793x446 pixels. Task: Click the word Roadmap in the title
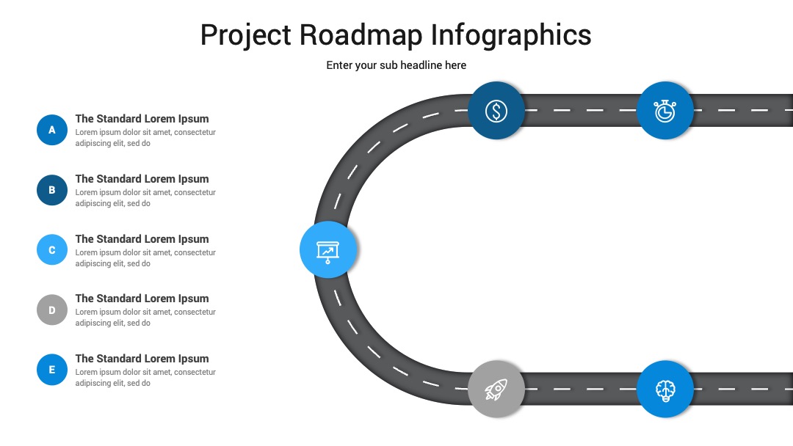(361, 35)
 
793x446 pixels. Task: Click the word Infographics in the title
(511, 36)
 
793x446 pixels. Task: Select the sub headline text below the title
(396, 65)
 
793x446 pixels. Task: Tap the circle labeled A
(52, 130)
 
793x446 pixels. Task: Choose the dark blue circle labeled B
(52, 190)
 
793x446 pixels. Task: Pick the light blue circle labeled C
(52, 249)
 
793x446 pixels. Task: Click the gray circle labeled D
(52, 310)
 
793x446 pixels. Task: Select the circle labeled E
(52, 370)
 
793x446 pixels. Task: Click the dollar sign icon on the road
(496, 111)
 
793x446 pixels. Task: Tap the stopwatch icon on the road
(665, 111)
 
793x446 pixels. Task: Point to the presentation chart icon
(327, 252)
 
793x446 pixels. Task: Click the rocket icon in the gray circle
(496, 390)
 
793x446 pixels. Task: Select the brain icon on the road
(665, 390)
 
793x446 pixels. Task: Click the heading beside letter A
(142, 120)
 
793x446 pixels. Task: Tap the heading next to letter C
(142, 239)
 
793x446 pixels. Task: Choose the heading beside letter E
(142, 359)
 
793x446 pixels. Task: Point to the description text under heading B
(145, 198)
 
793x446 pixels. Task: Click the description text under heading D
(145, 318)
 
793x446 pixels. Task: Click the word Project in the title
(246, 36)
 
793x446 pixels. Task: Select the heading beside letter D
(142, 299)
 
